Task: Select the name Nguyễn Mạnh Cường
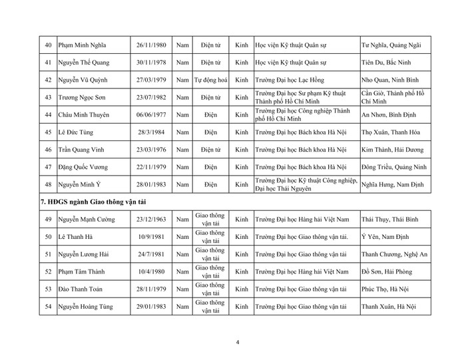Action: [x=87, y=219]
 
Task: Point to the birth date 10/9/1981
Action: [x=150, y=236]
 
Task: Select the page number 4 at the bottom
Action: [x=238, y=343]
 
